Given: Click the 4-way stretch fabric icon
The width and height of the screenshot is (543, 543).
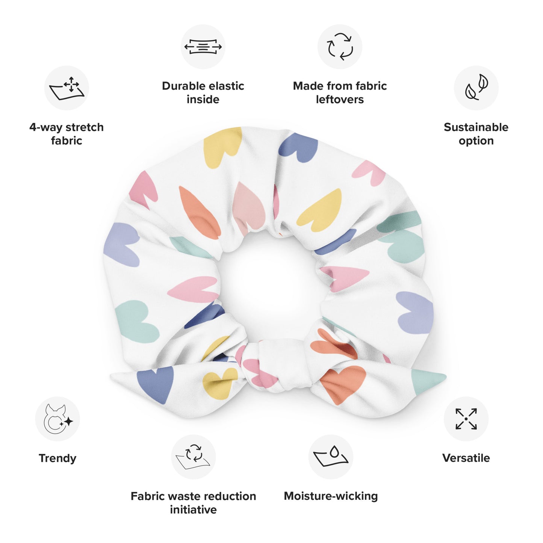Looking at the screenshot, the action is tap(67, 88).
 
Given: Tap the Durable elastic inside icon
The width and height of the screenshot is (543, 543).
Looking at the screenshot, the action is tap(203, 47).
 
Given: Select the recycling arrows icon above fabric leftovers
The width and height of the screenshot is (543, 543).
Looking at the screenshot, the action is tap(340, 47).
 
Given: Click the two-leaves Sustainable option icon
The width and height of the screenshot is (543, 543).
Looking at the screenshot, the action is tap(476, 88).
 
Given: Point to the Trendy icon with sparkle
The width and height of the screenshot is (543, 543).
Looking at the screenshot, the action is tap(57, 419).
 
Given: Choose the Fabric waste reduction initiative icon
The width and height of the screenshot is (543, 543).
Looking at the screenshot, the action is tap(194, 457).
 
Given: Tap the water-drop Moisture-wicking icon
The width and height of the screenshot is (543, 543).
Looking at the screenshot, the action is tap(331, 457).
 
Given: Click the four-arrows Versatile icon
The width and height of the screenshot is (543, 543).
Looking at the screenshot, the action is tap(466, 419).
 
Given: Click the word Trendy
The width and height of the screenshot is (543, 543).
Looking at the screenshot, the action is tap(57, 458).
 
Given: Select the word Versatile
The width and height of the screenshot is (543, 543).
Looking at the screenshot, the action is tap(466, 458).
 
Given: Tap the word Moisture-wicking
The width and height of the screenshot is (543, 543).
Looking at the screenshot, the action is tap(331, 496).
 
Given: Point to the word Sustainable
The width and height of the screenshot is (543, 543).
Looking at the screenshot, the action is tap(476, 127).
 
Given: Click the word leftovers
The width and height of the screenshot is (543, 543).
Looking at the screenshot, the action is tap(340, 100).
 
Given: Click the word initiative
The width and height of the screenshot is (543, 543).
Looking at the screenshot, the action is tap(194, 510).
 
